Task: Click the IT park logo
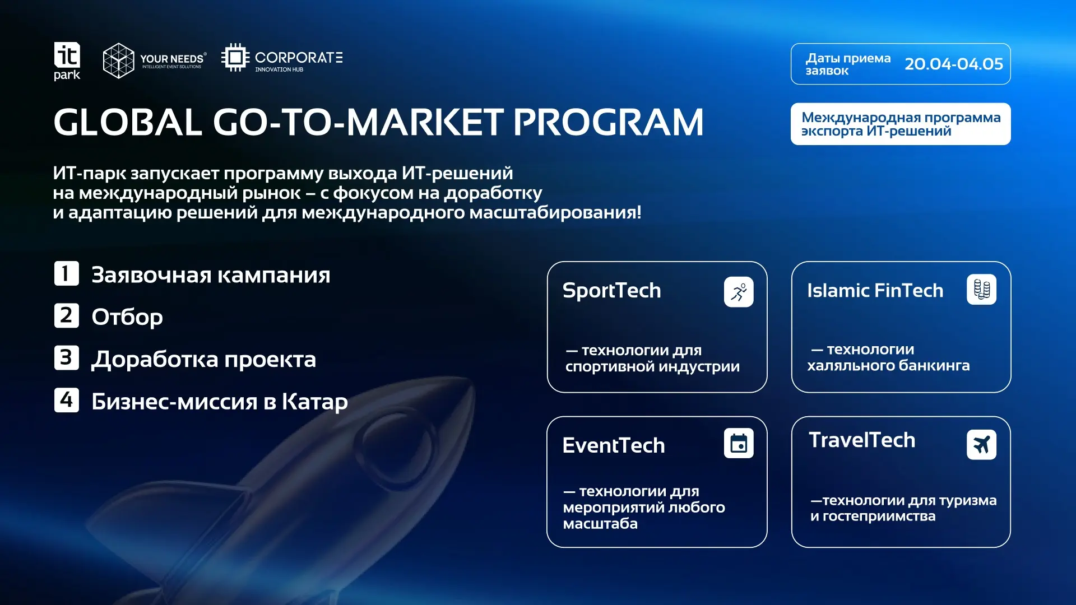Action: [67, 61]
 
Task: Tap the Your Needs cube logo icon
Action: [119, 61]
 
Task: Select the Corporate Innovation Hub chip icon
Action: [235, 57]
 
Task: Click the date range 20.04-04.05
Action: [954, 64]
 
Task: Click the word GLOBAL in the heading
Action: [128, 122]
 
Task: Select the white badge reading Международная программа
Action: [901, 124]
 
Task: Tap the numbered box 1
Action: [66, 273]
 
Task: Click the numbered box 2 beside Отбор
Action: [66, 315]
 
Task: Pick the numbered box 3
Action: [66, 357]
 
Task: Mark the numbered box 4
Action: [66, 400]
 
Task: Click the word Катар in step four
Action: [314, 402]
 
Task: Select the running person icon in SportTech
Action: [739, 292]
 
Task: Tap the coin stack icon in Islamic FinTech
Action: [981, 290]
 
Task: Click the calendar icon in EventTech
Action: [739, 443]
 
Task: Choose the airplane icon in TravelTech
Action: [981, 445]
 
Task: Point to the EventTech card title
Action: [614, 446]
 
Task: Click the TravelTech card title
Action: [862, 440]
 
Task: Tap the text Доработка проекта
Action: [204, 360]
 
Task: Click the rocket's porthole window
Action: [392, 443]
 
